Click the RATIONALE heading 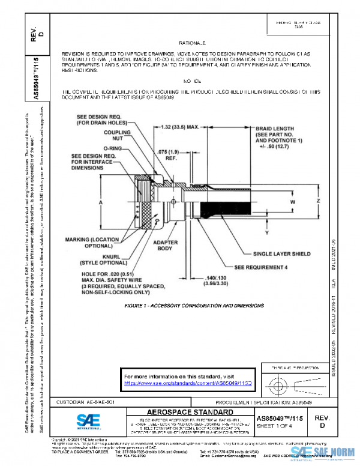(x=191, y=44)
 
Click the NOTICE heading (x=191, y=80)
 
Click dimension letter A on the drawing (x=100, y=203)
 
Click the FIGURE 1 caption (x=194, y=306)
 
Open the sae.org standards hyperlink (x=180, y=382)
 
